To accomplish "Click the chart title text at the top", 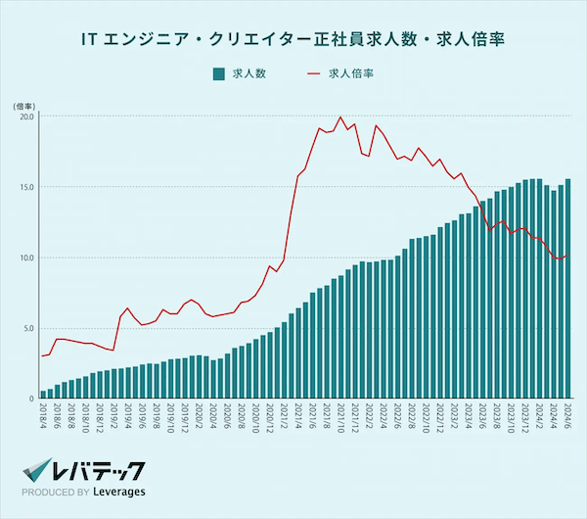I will coord(293,41).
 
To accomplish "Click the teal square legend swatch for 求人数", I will coord(218,73).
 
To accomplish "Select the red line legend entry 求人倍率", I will coord(341,73).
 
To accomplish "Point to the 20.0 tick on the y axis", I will coord(26,117).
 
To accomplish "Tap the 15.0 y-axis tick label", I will coord(26,187).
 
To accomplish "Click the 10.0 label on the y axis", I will coord(26,258).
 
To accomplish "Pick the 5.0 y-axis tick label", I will coord(28,328).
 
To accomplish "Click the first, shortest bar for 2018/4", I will coord(44,394).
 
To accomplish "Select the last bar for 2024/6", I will coord(568,289).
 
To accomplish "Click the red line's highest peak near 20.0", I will coord(340,118).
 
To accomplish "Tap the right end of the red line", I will coord(568,257).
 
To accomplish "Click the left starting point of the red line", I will coord(42,355).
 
